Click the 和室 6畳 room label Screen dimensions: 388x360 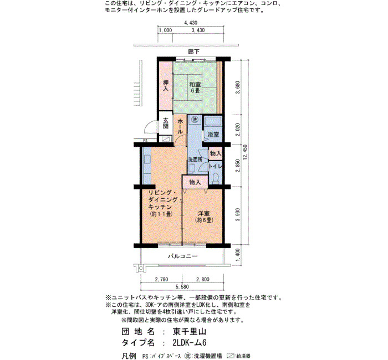pos(195,88)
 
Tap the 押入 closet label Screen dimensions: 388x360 pos(166,85)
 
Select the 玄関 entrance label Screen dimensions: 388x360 pos(166,124)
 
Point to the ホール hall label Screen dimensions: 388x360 pos(180,126)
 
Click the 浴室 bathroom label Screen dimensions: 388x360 pos(213,135)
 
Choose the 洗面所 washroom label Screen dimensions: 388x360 pos(195,160)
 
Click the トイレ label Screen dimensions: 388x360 pos(215,166)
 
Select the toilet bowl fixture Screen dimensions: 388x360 pos(216,178)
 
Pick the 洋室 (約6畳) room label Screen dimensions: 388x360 pos(204,217)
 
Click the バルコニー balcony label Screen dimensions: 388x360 pos(183,256)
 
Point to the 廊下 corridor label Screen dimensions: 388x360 pos(193,52)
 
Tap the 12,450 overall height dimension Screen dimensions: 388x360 pos(245,152)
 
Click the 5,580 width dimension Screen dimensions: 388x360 pos(182,287)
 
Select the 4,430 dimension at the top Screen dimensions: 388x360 pos(191,23)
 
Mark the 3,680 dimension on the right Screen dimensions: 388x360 pos(238,88)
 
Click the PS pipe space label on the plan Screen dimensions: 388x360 pos(145,141)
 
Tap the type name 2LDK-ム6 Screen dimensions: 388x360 pos(190,343)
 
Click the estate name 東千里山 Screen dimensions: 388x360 pos(190,332)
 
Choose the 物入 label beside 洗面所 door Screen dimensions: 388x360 pos(216,153)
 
